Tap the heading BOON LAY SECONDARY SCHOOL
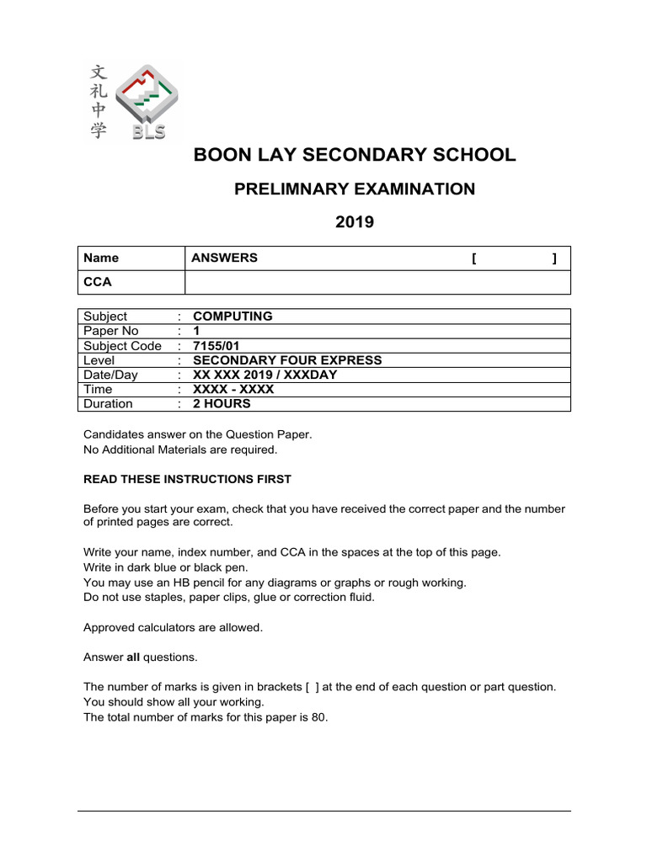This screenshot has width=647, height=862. tap(354, 155)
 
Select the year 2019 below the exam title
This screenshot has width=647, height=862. tap(354, 222)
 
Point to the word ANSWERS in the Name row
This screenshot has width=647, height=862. tap(225, 258)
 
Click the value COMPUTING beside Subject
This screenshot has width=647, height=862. tap(233, 317)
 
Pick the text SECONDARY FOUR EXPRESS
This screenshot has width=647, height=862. tap(287, 360)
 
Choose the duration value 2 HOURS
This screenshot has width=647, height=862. tap(222, 404)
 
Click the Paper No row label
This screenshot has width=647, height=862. tap(110, 332)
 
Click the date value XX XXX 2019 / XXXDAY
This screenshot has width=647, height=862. tap(265, 375)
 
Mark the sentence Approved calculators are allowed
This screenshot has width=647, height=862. tap(173, 627)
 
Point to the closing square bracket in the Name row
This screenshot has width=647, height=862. tap(553, 258)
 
